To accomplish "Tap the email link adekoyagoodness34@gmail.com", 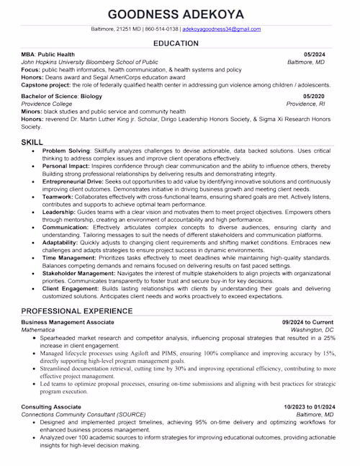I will point(222,29).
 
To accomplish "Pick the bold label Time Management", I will point(67,257).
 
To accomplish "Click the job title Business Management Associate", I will point(67,321).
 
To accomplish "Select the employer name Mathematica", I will point(39,329).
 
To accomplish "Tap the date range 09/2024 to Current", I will point(307,321).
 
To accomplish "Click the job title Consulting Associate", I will point(51,407).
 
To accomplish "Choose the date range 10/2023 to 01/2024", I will point(308,407).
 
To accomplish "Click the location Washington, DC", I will point(312,329).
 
